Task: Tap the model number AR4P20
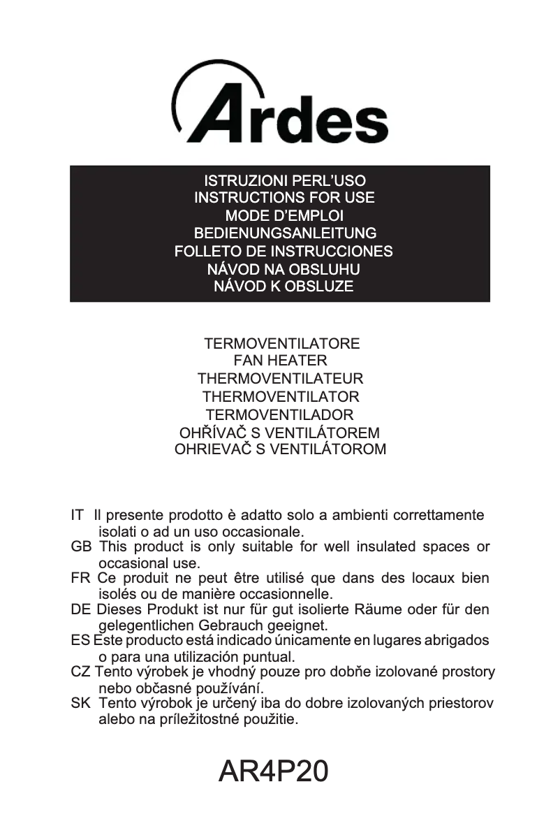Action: pyautogui.click(x=273, y=771)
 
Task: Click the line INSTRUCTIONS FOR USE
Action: pyautogui.click(x=284, y=198)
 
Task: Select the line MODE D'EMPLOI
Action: pyautogui.click(x=284, y=216)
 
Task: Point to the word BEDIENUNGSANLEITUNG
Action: pyautogui.click(x=284, y=233)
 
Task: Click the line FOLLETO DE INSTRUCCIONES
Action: pyautogui.click(x=283, y=251)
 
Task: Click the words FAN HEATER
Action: pyautogui.click(x=280, y=361)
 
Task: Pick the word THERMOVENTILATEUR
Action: pyautogui.click(x=280, y=379)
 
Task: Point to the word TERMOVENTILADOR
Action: pyautogui.click(x=280, y=414)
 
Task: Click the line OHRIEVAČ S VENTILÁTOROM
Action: pyautogui.click(x=280, y=449)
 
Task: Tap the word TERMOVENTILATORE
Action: pyautogui.click(x=281, y=344)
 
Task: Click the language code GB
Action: pyautogui.click(x=81, y=547)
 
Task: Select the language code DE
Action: pyautogui.click(x=80, y=609)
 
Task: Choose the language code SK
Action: pyautogui.click(x=80, y=703)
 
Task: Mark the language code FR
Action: pyautogui.click(x=80, y=579)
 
